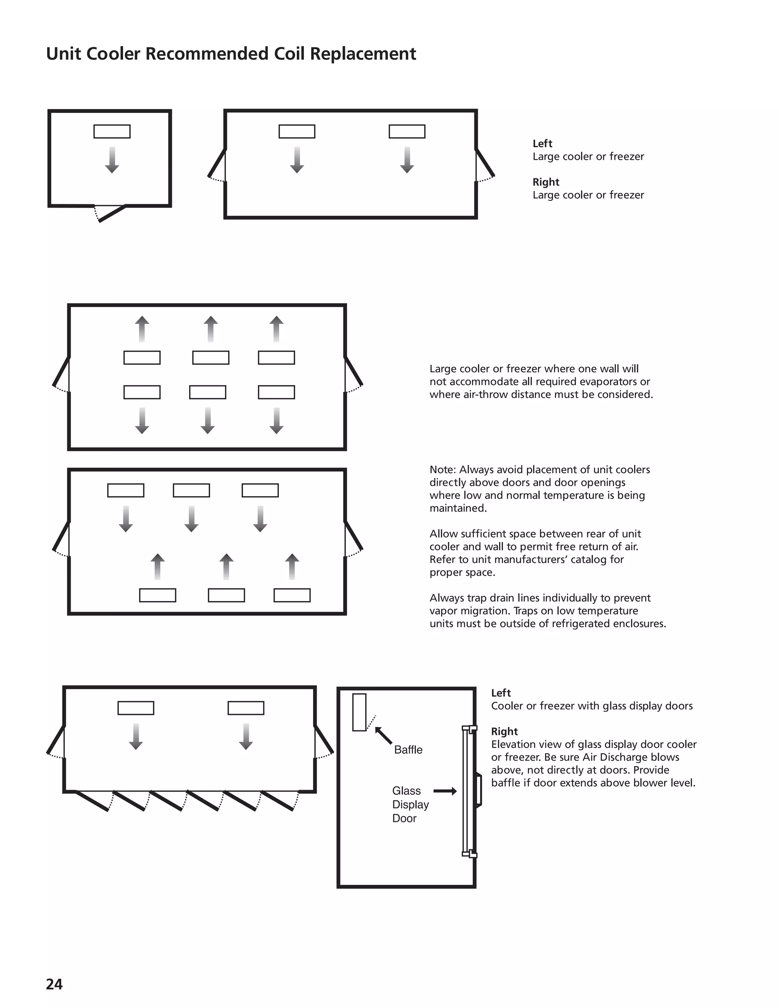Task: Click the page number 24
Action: point(54,984)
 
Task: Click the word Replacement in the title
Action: point(363,54)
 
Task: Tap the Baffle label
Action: point(408,750)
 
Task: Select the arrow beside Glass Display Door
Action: point(445,791)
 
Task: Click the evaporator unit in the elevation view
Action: point(359,712)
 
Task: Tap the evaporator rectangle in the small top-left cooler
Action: point(112,132)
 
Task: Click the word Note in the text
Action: point(442,470)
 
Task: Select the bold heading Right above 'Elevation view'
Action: point(504,731)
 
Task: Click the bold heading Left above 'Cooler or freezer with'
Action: point(501,693)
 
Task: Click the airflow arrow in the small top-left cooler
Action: point(112,160)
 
